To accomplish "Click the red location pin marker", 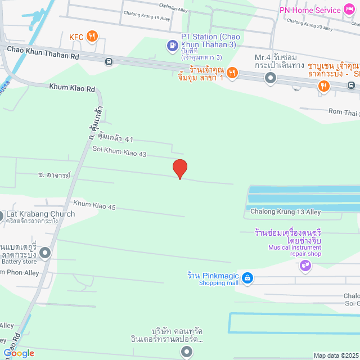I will point(179,169).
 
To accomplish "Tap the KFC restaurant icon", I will point(93,37).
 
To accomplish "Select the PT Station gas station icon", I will point(173,46).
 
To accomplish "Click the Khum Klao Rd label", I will point(72,87).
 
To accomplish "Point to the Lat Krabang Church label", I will point(40,214).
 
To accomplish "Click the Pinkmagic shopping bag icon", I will point(247,277).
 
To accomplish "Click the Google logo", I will point(19,353).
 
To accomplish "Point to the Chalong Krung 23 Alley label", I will point(310,24).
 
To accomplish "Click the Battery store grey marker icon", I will point(45,253).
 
